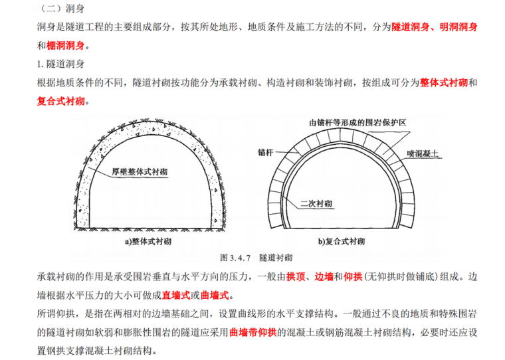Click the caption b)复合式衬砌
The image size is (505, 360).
pos(342,241)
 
